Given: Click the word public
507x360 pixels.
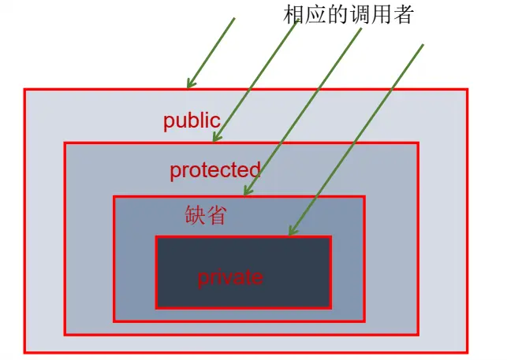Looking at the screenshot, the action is click(x=192, y=121).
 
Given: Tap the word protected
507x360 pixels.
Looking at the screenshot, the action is click(x=214, y=170).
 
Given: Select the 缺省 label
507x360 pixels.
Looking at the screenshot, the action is click(x=205, y=216).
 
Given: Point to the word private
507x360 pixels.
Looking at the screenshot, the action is click(x=229, y=277).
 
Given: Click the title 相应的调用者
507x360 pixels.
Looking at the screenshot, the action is click(x=349, y=14).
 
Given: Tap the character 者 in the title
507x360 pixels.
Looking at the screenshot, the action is click(x=401, y=14).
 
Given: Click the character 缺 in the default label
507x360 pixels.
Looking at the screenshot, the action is click(x=195, y=216).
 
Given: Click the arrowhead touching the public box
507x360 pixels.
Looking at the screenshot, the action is click(x=189, y=85).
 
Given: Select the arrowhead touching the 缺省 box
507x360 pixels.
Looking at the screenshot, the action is click(x=245, y=192).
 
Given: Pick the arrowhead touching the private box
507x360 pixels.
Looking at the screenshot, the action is click(x=291, y=232).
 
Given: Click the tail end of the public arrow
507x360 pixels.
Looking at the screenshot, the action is click(x=235, y=17).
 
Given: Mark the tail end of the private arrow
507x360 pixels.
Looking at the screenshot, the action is click(x=423, y=44).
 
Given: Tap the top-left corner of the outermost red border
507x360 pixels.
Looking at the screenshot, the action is click(x=24, y=90).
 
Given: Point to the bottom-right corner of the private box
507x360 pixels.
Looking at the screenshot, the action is click(x=330, y=307).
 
